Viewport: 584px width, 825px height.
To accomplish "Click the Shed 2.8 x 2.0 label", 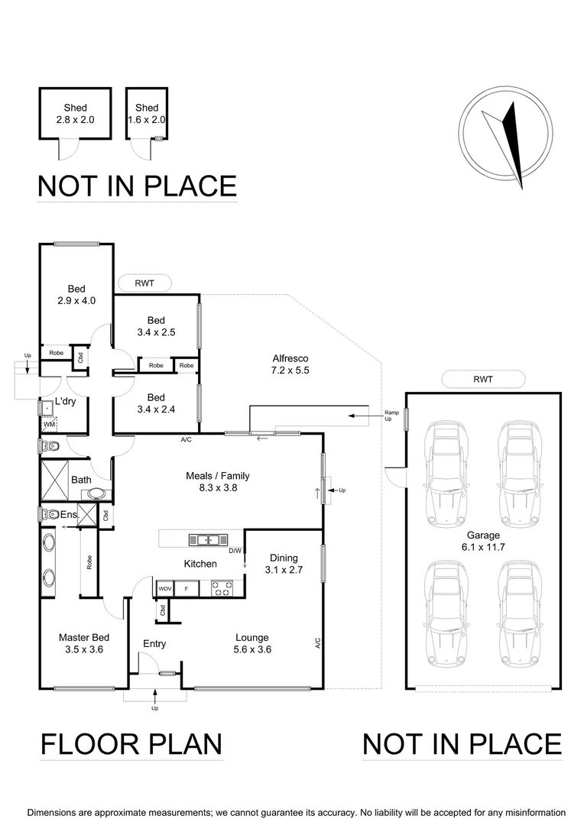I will tap(75, 114).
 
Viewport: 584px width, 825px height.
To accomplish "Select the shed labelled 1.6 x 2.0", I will tap(147, 114).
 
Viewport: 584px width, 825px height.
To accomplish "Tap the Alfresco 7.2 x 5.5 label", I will tap(290, 364).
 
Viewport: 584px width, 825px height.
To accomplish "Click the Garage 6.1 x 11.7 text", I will tap(483, 542).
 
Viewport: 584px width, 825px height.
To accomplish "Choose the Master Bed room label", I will tap(80, 643).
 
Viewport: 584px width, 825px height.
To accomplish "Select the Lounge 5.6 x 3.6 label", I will tap(251, 644).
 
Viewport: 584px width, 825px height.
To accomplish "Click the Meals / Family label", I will tap(218, 481).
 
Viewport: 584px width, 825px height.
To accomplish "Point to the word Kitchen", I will tap(200, 564).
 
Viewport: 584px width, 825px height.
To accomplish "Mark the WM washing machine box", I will tap(48, 423).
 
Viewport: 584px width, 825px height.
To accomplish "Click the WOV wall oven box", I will tap(164, 589).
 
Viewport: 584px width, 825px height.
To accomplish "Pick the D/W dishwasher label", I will tap(235, 551).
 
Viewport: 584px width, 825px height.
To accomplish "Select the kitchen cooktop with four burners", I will tap(222, 588).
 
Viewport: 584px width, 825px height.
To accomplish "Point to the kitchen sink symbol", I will tap(204, 540).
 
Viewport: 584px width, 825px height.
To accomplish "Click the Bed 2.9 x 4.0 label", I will tap(76, 295).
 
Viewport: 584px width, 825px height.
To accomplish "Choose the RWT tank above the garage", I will tap(483, 379).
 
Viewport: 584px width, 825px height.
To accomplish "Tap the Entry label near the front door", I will tap(154, 644).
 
